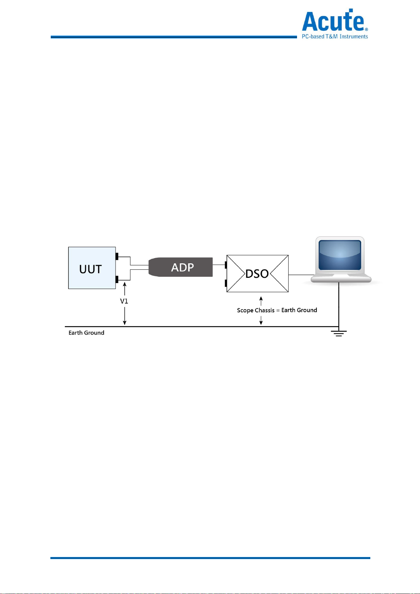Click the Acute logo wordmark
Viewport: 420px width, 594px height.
pyautogui.click(x=333, y=21)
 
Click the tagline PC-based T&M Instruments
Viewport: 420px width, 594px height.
pyautogui.click(x=335, y=36)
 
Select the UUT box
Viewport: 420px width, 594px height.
pyautogui.click(x=92, y=268)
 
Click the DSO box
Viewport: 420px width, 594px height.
pyautogui.click(x=258, y=274)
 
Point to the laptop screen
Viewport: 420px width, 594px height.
pyautogui.click(x=340, y=255)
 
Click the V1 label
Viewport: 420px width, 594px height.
pyautogui.click(x=124, y=301)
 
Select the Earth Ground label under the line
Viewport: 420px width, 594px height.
pyautogui.click(x=86, y=333)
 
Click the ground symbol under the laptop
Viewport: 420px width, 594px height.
pyautogui.click(x=339, y=333)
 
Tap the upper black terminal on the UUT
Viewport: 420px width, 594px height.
pyautogui.click(x=117, y=256)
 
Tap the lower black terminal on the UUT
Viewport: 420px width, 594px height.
pyautogui.click(x=117, y=280)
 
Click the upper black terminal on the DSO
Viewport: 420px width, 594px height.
pyautogui.click(x=226, y=264)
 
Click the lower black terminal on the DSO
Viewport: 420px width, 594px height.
pyautogui.click(x=226, y=283)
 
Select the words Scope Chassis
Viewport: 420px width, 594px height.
pyautogui.click(x=255, y=310)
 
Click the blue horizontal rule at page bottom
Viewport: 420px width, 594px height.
pyautogui.click(x=210, y=558)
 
